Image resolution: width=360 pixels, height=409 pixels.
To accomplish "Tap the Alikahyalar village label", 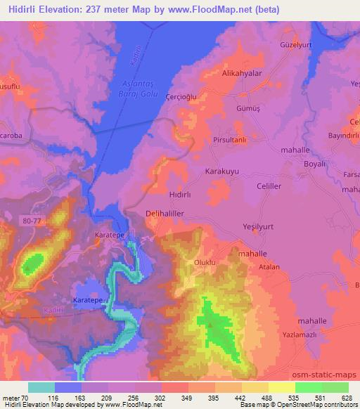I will click(x=243, y=72).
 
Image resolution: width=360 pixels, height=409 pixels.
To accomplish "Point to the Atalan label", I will click(x=268, y=267).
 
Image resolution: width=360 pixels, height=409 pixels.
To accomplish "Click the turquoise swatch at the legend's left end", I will click(x=41, y=387).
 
